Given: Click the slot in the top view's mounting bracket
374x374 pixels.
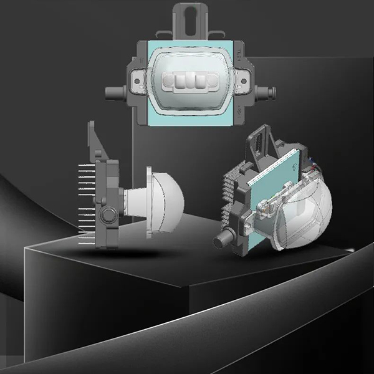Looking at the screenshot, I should click(x=190, y=19).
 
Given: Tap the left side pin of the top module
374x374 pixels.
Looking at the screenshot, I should click(x=113, y=93).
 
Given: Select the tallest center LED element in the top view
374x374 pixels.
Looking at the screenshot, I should click(x=188, y=82).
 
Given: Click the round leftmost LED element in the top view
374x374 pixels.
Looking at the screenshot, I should click(x=169, y=82).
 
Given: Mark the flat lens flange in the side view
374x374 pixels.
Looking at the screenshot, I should click(x=150, y=203).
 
